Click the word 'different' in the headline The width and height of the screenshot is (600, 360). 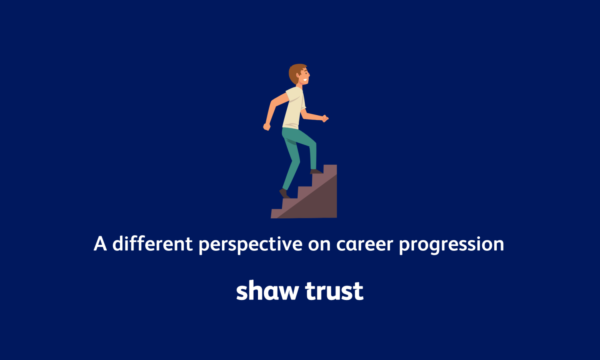(x=152, y=244)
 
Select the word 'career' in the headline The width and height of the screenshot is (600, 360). (x=364, y=244)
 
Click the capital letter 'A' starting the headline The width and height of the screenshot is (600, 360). (x=100, y=244)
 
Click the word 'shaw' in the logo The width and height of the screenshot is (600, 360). (x=267, y=291)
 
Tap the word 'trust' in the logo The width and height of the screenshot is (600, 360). (x=334, y=291)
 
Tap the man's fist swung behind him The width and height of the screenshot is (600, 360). (x=267, y=127)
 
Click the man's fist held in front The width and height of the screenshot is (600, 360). (x=325, y=118)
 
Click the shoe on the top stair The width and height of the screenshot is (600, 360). (x=316, y=171)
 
